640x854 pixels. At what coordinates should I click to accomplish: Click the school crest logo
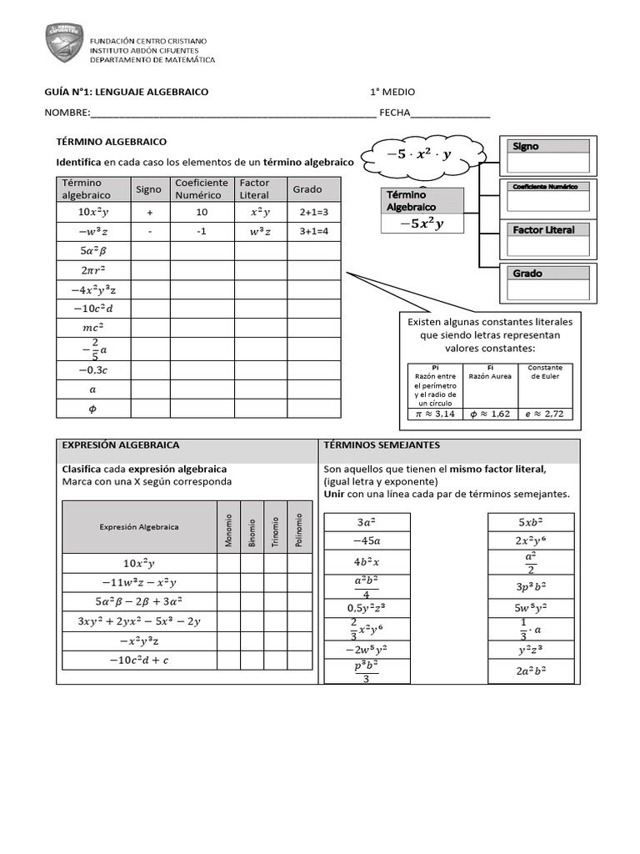tap(64, 43)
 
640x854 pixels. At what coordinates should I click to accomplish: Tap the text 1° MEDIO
tap(392, 92)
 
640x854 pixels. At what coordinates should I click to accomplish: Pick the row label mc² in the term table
tap(92, 327)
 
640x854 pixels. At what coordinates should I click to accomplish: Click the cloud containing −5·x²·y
tap(419, 154)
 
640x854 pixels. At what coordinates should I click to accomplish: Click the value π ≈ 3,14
tap(436, 413)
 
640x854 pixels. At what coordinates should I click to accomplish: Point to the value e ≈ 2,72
tap(545, 413)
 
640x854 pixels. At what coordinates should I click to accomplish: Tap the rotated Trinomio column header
tap(275, 530)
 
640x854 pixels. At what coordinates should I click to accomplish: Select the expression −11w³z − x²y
tap(139, 581)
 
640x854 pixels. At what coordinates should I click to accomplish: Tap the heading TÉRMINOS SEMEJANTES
tap(382, 445)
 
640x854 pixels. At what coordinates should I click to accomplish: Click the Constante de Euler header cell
tap(545, 372)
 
